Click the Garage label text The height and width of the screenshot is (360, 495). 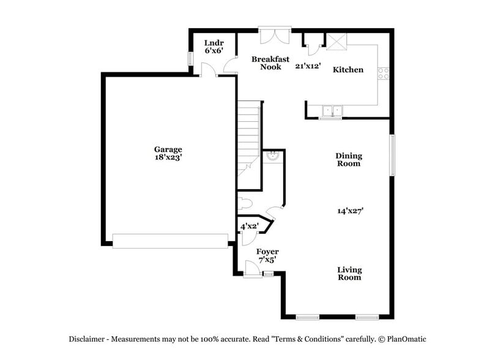coord(168,149)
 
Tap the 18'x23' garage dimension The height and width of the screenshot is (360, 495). coord(168,157)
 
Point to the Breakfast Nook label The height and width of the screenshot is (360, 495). coord(270,62)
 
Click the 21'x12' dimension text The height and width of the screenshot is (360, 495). coord(308,66)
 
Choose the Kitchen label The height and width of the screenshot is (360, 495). coord(348,70)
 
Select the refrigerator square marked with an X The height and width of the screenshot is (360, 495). coord(335,41)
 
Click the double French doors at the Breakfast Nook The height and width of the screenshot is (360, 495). coord(274,36)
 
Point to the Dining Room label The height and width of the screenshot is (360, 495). coord(348,160)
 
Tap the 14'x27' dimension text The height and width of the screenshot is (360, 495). coord(351,211)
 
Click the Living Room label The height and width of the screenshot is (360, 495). coord(350,274)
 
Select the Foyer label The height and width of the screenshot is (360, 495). coord(267,255)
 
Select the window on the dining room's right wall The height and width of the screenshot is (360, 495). coord(393,155)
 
